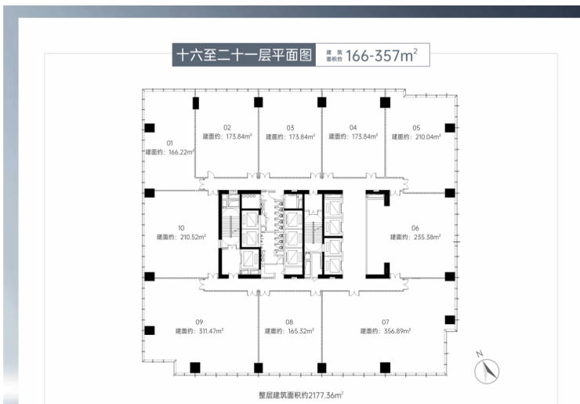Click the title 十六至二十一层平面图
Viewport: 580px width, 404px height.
244,55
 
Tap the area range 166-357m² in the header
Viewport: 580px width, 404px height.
382,55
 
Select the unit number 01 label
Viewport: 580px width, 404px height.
170,143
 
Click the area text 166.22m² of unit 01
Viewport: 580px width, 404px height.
181,152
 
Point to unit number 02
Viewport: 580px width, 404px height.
227,128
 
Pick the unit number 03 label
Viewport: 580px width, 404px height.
290,128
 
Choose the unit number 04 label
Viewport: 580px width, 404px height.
353,128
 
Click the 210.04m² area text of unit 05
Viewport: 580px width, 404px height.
428,137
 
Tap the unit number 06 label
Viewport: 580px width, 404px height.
415,228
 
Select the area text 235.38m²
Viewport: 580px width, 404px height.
427,237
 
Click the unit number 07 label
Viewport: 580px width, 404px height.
386,322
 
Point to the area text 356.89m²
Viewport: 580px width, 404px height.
397,331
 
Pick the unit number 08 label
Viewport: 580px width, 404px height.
289,322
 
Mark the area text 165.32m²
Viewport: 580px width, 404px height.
301,331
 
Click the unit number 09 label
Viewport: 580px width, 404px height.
199,322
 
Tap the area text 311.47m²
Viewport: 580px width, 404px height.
211,331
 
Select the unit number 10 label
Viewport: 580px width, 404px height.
181,228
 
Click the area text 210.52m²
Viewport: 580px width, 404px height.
193,237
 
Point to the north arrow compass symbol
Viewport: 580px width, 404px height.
487,370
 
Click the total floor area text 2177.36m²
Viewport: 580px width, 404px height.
326,395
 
